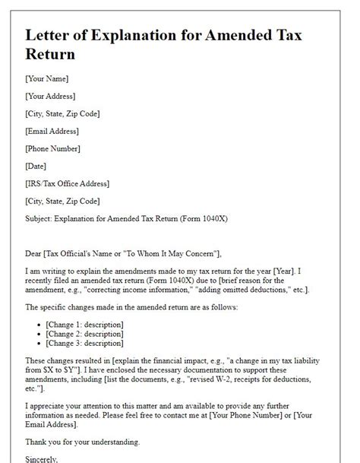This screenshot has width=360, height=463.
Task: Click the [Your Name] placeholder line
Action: click(x=47, y=78)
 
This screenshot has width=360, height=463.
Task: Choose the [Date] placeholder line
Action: click(x=36, y=166)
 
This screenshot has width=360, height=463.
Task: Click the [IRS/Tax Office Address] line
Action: click(x=67, y=183)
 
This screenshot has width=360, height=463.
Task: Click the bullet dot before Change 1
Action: click(x=39, y=325)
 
